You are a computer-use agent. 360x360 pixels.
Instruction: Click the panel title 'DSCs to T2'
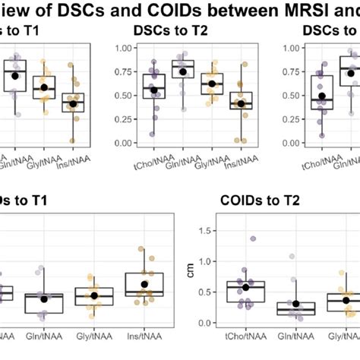click(185, 30)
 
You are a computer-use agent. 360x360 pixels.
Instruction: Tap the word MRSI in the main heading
click(298, 9)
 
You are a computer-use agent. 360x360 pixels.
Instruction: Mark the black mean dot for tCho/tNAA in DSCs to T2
click(154, 90)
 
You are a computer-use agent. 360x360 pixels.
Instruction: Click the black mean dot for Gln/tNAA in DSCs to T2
click(183, 72)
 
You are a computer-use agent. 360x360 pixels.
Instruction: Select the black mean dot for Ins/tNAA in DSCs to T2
click(242, 103)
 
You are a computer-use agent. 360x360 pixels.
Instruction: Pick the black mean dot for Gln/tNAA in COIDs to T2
click(295, 303)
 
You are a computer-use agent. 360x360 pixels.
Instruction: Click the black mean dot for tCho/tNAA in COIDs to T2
click(245, 287)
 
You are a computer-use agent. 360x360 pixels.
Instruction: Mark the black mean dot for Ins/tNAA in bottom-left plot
click(144, 284)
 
